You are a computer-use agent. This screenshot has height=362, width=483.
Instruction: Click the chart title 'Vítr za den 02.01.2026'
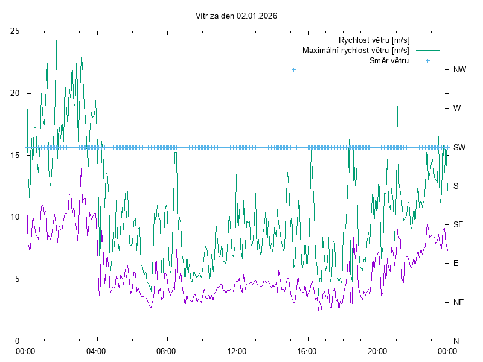pyautogui.click(x=237, y=16)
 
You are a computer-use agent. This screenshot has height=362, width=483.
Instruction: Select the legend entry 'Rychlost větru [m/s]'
pyautogui.click(x=374, y=40)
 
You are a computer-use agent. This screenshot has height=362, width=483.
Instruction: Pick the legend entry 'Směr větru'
pyautogui.click(x=389, y=61)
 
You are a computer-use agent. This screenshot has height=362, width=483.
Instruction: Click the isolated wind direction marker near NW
pyautogui.click(x=294, y=70)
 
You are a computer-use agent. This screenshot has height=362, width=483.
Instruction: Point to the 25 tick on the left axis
pyautogui.click(x=15, y=31)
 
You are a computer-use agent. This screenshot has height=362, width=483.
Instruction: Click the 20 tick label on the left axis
pyautogui.click(x=15, y=93)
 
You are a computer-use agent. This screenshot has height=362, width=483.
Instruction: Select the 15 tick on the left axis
pyautogui.click(x=15, y=155)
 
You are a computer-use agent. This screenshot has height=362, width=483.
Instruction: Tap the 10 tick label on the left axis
pyautogui.click(x=15, y=217)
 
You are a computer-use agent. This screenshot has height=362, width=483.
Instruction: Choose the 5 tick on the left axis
pyautogui.click(x=18, y=279)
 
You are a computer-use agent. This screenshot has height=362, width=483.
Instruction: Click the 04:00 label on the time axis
pyautogui.click(x=95, y=351)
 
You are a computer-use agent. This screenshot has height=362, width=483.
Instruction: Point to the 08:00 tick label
pyautogui.click(x=166, y=351)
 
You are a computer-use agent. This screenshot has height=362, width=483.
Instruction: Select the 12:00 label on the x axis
pyautogui.click(x=237, y=351)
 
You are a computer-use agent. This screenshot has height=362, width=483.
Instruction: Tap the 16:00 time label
pyautogui.click(x=307, y=351)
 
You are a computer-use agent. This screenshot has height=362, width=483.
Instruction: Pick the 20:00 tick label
pyautogui.click(x=378, y=351)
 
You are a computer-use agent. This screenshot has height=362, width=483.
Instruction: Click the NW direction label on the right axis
pyautogui.click(x=459, y=70)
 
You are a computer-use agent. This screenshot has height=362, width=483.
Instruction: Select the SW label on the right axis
pyautogui.click(x=459, y=147)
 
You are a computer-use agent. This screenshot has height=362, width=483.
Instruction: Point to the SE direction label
pyautogui.click(x=458, y=224)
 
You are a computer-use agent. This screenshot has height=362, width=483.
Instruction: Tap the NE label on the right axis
pyautogui.click(x=458, y=302)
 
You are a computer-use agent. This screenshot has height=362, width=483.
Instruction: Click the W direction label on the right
pyautogui.click(x=457, y=109)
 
